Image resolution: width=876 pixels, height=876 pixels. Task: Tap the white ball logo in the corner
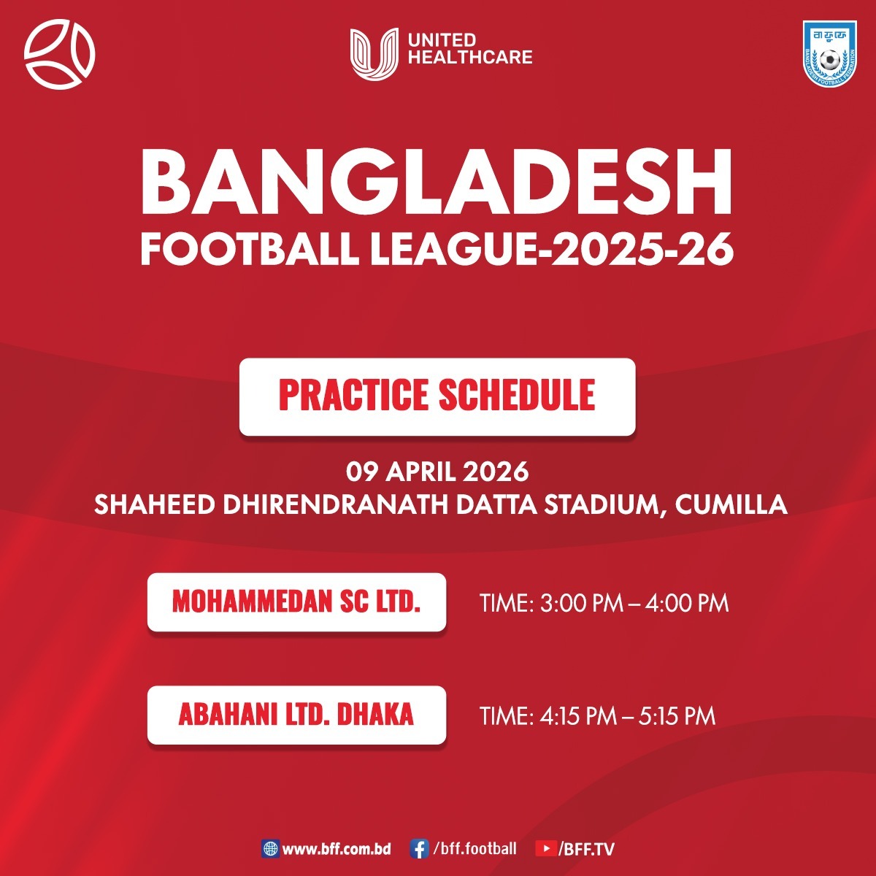[x=59, y=54]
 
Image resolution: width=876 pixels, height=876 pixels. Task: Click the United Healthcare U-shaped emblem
[x=374, y=53]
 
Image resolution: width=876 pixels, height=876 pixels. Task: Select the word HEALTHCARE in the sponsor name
[x=470, y=57]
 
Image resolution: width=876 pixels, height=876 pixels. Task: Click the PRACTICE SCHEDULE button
[x=437, y=396]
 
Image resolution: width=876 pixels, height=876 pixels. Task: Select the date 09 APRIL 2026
[x=437, y=472]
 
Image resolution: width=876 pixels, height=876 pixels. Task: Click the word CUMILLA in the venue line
[x=731, y=504]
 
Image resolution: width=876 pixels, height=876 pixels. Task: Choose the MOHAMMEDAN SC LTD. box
[x=296, y=602]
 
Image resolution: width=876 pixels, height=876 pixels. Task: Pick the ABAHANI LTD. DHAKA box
[x=296, y=715]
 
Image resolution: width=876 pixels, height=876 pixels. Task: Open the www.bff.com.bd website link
[x=337, y=849]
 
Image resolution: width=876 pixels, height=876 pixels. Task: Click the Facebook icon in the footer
[x=419, y=849]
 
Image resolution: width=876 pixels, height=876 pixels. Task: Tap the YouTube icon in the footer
[x=545, y=849]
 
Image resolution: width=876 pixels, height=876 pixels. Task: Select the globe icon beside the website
[x=270, y=849]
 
